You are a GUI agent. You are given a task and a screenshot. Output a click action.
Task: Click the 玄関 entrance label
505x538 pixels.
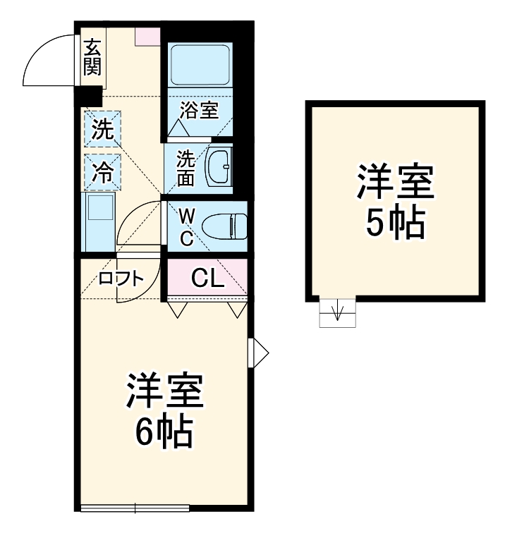pos(92,58)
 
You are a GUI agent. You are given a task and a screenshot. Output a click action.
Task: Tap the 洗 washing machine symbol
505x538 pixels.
pos(103,129)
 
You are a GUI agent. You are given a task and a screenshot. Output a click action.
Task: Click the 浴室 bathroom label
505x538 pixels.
pos(199,110)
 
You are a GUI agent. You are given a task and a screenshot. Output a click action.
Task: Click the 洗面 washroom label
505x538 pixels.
pos(185,168)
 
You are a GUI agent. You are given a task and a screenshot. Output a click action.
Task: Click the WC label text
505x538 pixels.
pos(186,226)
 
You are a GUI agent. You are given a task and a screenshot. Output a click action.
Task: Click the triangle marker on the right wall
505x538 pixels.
pos(259,352)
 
